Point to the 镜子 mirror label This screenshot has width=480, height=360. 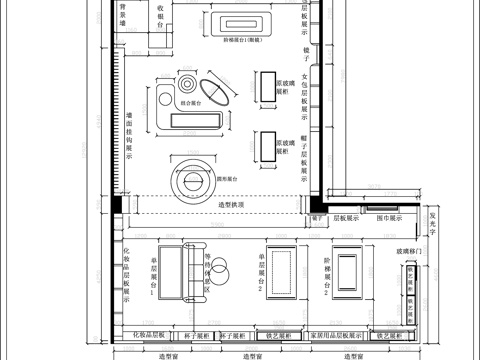306,49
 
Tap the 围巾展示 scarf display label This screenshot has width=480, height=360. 388,216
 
